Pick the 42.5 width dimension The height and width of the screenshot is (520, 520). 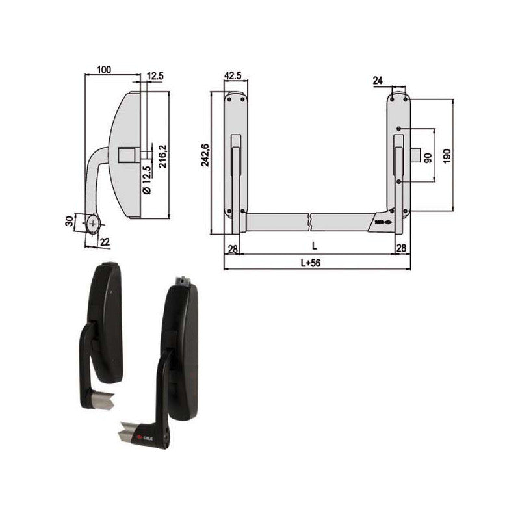click(x=233, y=76)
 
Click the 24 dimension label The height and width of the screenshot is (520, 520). click(x=378, y=81)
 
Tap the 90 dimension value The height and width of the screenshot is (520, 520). click(x=427, y=158)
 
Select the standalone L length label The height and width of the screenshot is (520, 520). click(x=315, y=246)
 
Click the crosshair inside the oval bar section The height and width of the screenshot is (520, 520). click(x=94, y=224)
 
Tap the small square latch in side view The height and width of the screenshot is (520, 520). click(x=126, y=155)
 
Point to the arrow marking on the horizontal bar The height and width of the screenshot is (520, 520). click(x=383, y=222)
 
